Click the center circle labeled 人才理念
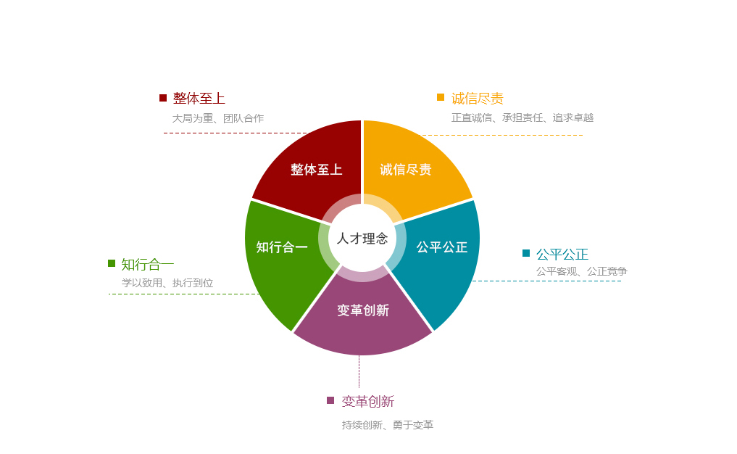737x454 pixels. click(x=362, y=238)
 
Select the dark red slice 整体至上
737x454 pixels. click(x=316, y=169)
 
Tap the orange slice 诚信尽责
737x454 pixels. click(x=406, y=169)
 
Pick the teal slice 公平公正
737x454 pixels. click(x=441, y=247)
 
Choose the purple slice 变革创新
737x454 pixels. click(x=363, y=310)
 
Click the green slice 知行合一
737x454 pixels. click(x=282, y=247)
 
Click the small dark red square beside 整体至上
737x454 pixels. click(x=163, y=98)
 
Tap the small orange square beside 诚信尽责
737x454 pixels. click(x=441, y=97)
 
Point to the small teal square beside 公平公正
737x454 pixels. click(x=526, y=253)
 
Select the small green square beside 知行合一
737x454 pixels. click(x=112, y=263)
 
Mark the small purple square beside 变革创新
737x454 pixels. click(x=330, y=400)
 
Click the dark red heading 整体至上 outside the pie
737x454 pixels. click(x=199, y=99)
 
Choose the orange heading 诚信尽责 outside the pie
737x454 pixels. click(x=478, y=99)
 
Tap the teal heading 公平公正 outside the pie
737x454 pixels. click(x=562, y=255)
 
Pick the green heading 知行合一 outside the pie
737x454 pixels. click(x=148, y=265)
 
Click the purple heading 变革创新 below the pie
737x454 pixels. click(x=368, y=402)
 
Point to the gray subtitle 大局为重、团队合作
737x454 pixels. click(x=217, y=118)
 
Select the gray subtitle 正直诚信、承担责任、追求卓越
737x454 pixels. click(x=522, y=117)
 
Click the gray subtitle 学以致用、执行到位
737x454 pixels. click(x=167, y=283)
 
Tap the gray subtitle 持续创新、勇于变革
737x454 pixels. click(x=388, y=425)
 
